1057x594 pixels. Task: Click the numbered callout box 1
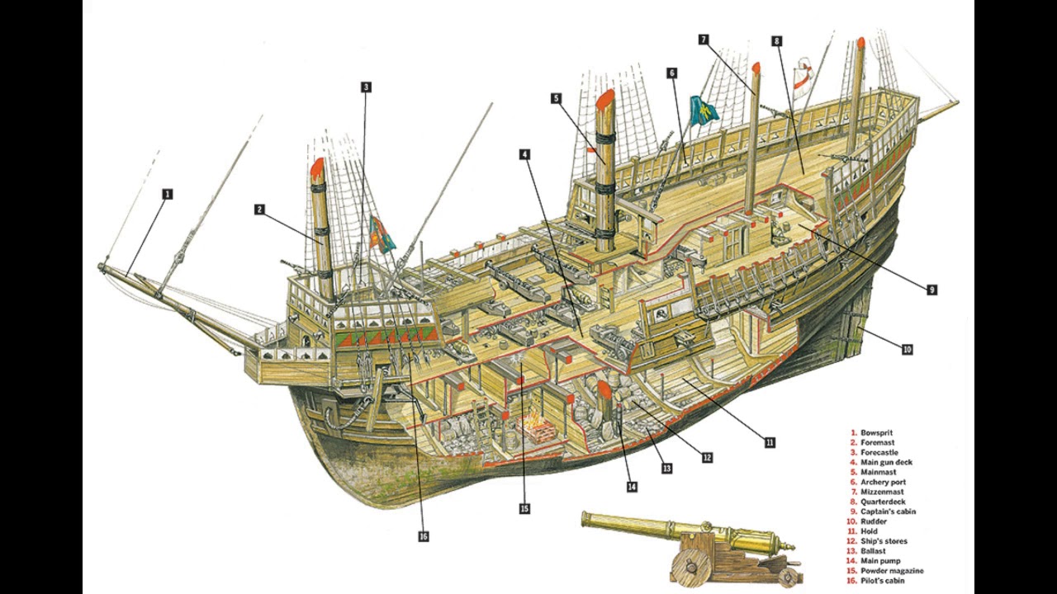tap(168, 195)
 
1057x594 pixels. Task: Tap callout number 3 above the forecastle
tap(366, 87)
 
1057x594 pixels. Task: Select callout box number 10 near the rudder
tap(907, 350)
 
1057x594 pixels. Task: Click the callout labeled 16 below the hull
tap(424, 536)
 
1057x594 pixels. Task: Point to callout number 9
tap(932, 290)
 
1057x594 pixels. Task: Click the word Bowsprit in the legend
tap(876, 432)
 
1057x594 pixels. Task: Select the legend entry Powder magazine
tap(892, 571)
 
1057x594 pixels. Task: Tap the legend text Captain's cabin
tap(888, 511)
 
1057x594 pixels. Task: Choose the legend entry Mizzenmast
tap(883, 492)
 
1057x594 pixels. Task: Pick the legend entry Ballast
tap(873, 551)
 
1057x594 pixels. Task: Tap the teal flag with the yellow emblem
tap(704, 111)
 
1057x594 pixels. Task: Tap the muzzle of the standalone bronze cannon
tap(585, 519)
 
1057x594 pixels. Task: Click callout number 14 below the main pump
tap(632, 487)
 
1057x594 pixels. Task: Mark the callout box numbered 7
tap(704, 40)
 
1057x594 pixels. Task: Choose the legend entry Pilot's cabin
tap(884, 581)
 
